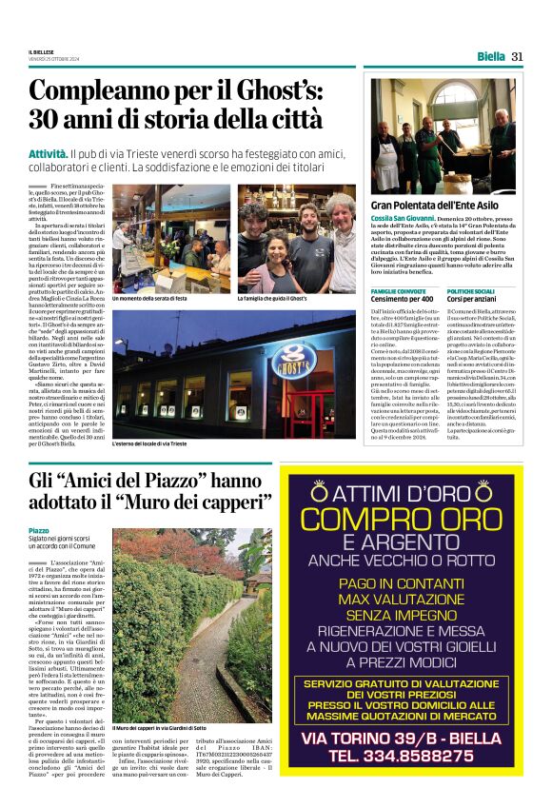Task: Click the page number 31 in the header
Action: coord(517,55)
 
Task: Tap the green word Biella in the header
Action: coord(490,55)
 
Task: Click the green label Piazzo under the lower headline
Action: coord(39,530)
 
